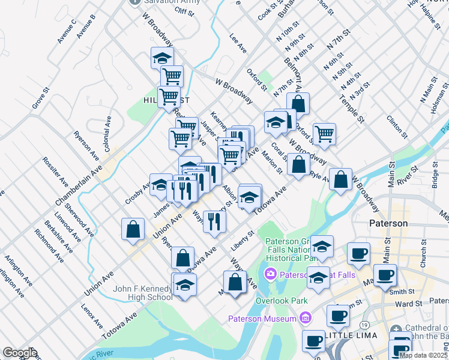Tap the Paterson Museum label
tap(262, 317)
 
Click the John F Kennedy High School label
tap(143, 293)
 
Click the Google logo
tap(20, 352)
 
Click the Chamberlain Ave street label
tap(77, 181)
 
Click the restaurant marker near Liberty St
tap(214, 221)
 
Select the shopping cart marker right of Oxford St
tap(324, 134)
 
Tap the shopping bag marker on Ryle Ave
tap(340, 179)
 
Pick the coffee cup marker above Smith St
tap(385, 275)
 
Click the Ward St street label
tap(409, 304)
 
